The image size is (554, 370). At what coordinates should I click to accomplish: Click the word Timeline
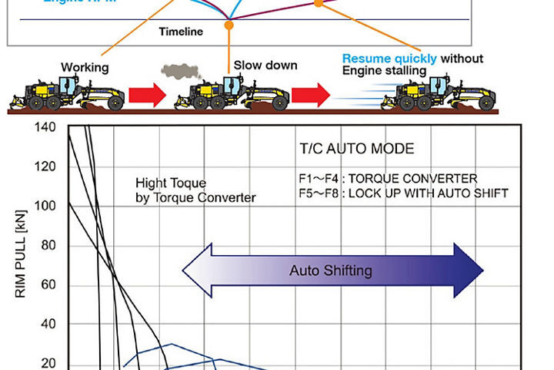(182, 32)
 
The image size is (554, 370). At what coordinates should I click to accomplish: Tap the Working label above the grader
(84, 68)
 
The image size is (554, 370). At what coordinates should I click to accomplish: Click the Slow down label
(265, 66)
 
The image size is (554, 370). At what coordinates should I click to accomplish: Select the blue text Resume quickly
(389, 59)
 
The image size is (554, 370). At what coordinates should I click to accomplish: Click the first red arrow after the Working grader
(146, 96)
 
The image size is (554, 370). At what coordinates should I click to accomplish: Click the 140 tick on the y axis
(45, 126)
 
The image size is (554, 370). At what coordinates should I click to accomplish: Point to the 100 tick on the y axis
(45, 206)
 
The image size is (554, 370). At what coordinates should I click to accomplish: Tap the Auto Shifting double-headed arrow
(331, 271)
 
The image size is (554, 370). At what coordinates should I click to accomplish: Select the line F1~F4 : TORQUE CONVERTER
(388, 179)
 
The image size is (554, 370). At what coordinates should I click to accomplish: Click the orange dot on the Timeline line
(228, 26)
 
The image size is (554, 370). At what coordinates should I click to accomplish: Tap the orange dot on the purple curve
(319, 3)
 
